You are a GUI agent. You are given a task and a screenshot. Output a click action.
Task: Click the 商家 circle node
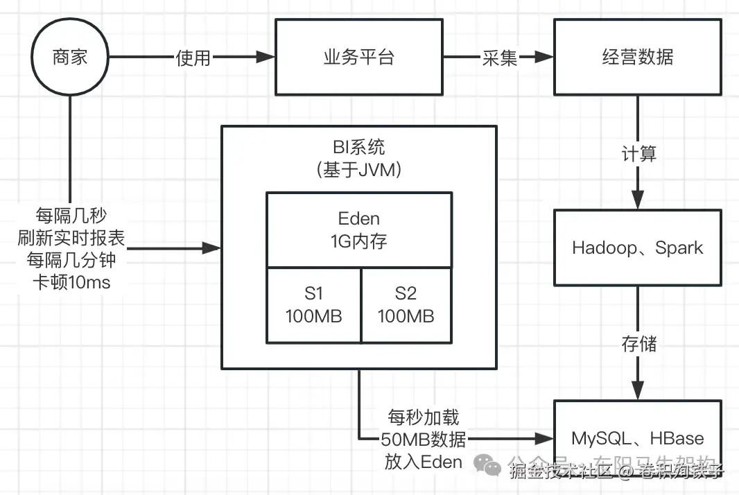(70, 58)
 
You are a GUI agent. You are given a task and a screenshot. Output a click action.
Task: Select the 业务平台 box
(358, 57)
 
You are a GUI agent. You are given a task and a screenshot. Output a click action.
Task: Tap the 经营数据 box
(637, 57)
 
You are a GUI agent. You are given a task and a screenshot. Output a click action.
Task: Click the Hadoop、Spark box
(637, 248)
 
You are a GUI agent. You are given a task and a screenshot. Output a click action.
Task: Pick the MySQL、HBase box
(637, 439)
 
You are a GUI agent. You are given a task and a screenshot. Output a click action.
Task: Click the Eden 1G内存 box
(358, 229)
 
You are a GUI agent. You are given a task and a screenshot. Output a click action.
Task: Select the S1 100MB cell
(314, 305)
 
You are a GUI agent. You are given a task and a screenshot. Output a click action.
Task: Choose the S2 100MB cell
(406, 305)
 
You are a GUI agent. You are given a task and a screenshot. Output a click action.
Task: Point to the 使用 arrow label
(193, 58)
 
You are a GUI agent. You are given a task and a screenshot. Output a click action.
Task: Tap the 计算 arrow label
(638, 153)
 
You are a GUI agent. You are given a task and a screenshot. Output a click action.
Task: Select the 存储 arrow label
(638, 343)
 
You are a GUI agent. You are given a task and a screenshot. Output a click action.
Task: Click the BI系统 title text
(358, 147)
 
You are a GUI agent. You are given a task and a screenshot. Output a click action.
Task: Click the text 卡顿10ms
(71, 282)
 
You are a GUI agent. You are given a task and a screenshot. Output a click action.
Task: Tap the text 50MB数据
(423, 439)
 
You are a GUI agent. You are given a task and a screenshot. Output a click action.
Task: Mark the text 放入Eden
(423, 461)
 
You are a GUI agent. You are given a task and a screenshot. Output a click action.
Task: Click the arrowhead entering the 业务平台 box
(266, 58)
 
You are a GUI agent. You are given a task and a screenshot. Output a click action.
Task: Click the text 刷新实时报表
(71, 238)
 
